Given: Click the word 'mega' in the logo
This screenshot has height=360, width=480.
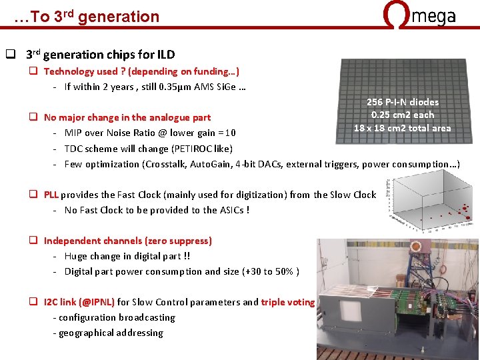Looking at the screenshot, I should [434, 17].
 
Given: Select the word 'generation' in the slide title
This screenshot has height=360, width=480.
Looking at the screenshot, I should [119, 17].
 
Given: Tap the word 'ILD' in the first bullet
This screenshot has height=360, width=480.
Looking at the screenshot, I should [166, 55].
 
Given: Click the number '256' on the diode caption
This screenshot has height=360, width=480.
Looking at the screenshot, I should [376, 102].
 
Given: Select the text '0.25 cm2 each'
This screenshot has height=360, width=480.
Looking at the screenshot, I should [402, 115].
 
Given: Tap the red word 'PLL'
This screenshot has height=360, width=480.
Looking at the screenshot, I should [51, 195].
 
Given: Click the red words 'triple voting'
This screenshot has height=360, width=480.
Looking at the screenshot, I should [287, 302].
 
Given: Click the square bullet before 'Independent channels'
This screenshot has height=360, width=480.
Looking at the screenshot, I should [32, 241].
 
